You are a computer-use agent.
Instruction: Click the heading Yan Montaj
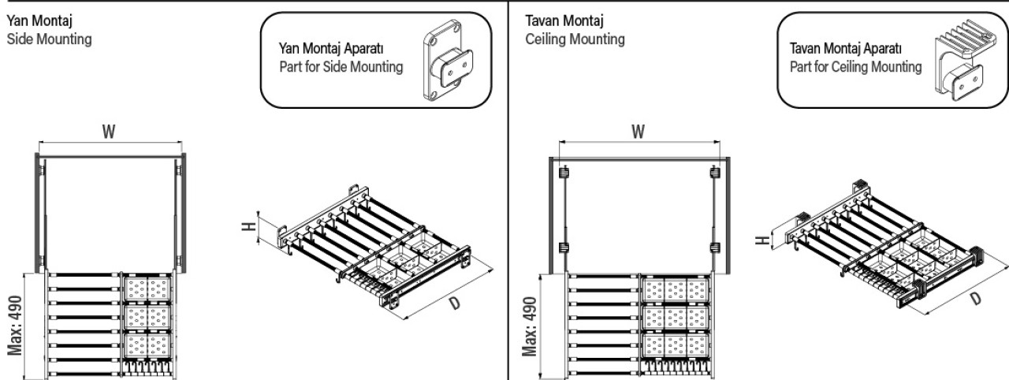(x=39, y=20)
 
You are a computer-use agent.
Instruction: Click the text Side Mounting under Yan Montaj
(x=49, y=39)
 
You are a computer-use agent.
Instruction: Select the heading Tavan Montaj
(x=564, y=20)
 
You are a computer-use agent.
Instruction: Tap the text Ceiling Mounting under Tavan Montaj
(x=575, y=39)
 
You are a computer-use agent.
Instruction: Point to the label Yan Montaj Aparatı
(x=331, y=48)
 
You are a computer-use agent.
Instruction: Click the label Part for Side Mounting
(x=341, y=67)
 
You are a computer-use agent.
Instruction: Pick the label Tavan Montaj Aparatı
(x=846, y=48)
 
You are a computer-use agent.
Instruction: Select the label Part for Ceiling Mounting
(x=855, y=67)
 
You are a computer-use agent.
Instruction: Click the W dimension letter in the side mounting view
(x=109, y=132)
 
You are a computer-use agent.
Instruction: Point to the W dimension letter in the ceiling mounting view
(x=638, y=132)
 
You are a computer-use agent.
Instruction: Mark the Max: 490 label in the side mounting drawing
(x=15, y=325)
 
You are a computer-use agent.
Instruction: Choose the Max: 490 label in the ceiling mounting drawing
(x=530, y=326)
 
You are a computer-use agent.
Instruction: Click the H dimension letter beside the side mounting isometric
(x=249, y=226)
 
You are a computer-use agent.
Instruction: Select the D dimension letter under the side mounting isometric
(x=455, y=303)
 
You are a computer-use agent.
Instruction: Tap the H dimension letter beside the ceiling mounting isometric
(x=762, y=240)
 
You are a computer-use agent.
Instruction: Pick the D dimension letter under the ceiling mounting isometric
(x=976, y=299)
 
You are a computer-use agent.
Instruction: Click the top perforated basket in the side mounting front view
(x=147, y=289)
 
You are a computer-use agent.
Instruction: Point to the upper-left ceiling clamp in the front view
(x=564, y=173)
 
